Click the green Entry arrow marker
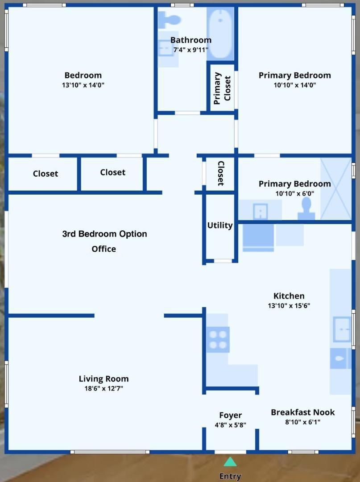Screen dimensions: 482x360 pyautogui.click(x=230, y=461)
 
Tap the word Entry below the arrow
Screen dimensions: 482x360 pyautogui.click(x=230, y=476)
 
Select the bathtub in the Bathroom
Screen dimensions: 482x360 pyautogui.click(x=220, y=34)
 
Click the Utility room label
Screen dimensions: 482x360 pyautogui.click(x=220, y=225)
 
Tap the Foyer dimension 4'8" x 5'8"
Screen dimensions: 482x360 pyautogui.click(x=230, y=425)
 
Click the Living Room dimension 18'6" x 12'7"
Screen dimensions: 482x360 pyautogui.click(x=103, y=388)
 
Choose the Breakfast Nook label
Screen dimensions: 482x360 pyautogui.click(x=302, y=412)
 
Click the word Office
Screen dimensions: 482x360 pyautogui.click(x=103, y=249)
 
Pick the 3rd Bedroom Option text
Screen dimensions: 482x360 pyautogui.click(x=104, y=234)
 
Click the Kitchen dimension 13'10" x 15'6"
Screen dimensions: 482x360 pyautogui.click(x=289, y=306)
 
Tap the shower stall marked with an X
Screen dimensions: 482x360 pyautogui.click(x=336, y=189)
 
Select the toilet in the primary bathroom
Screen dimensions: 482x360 pyautogui.click(x=306, y=208)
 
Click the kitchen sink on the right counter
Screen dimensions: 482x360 pyautogui.click(x=342, y=329)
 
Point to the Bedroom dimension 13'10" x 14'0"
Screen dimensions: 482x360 pyautogui.click(x=83, y=85)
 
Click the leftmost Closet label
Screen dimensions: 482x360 pyautogui.click(x=46, y=174)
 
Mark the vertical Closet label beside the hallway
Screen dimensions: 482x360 pyautogui.click(x=220, y=173)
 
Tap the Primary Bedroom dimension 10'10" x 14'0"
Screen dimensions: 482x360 pyautogui.click(x=294, y=85)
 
